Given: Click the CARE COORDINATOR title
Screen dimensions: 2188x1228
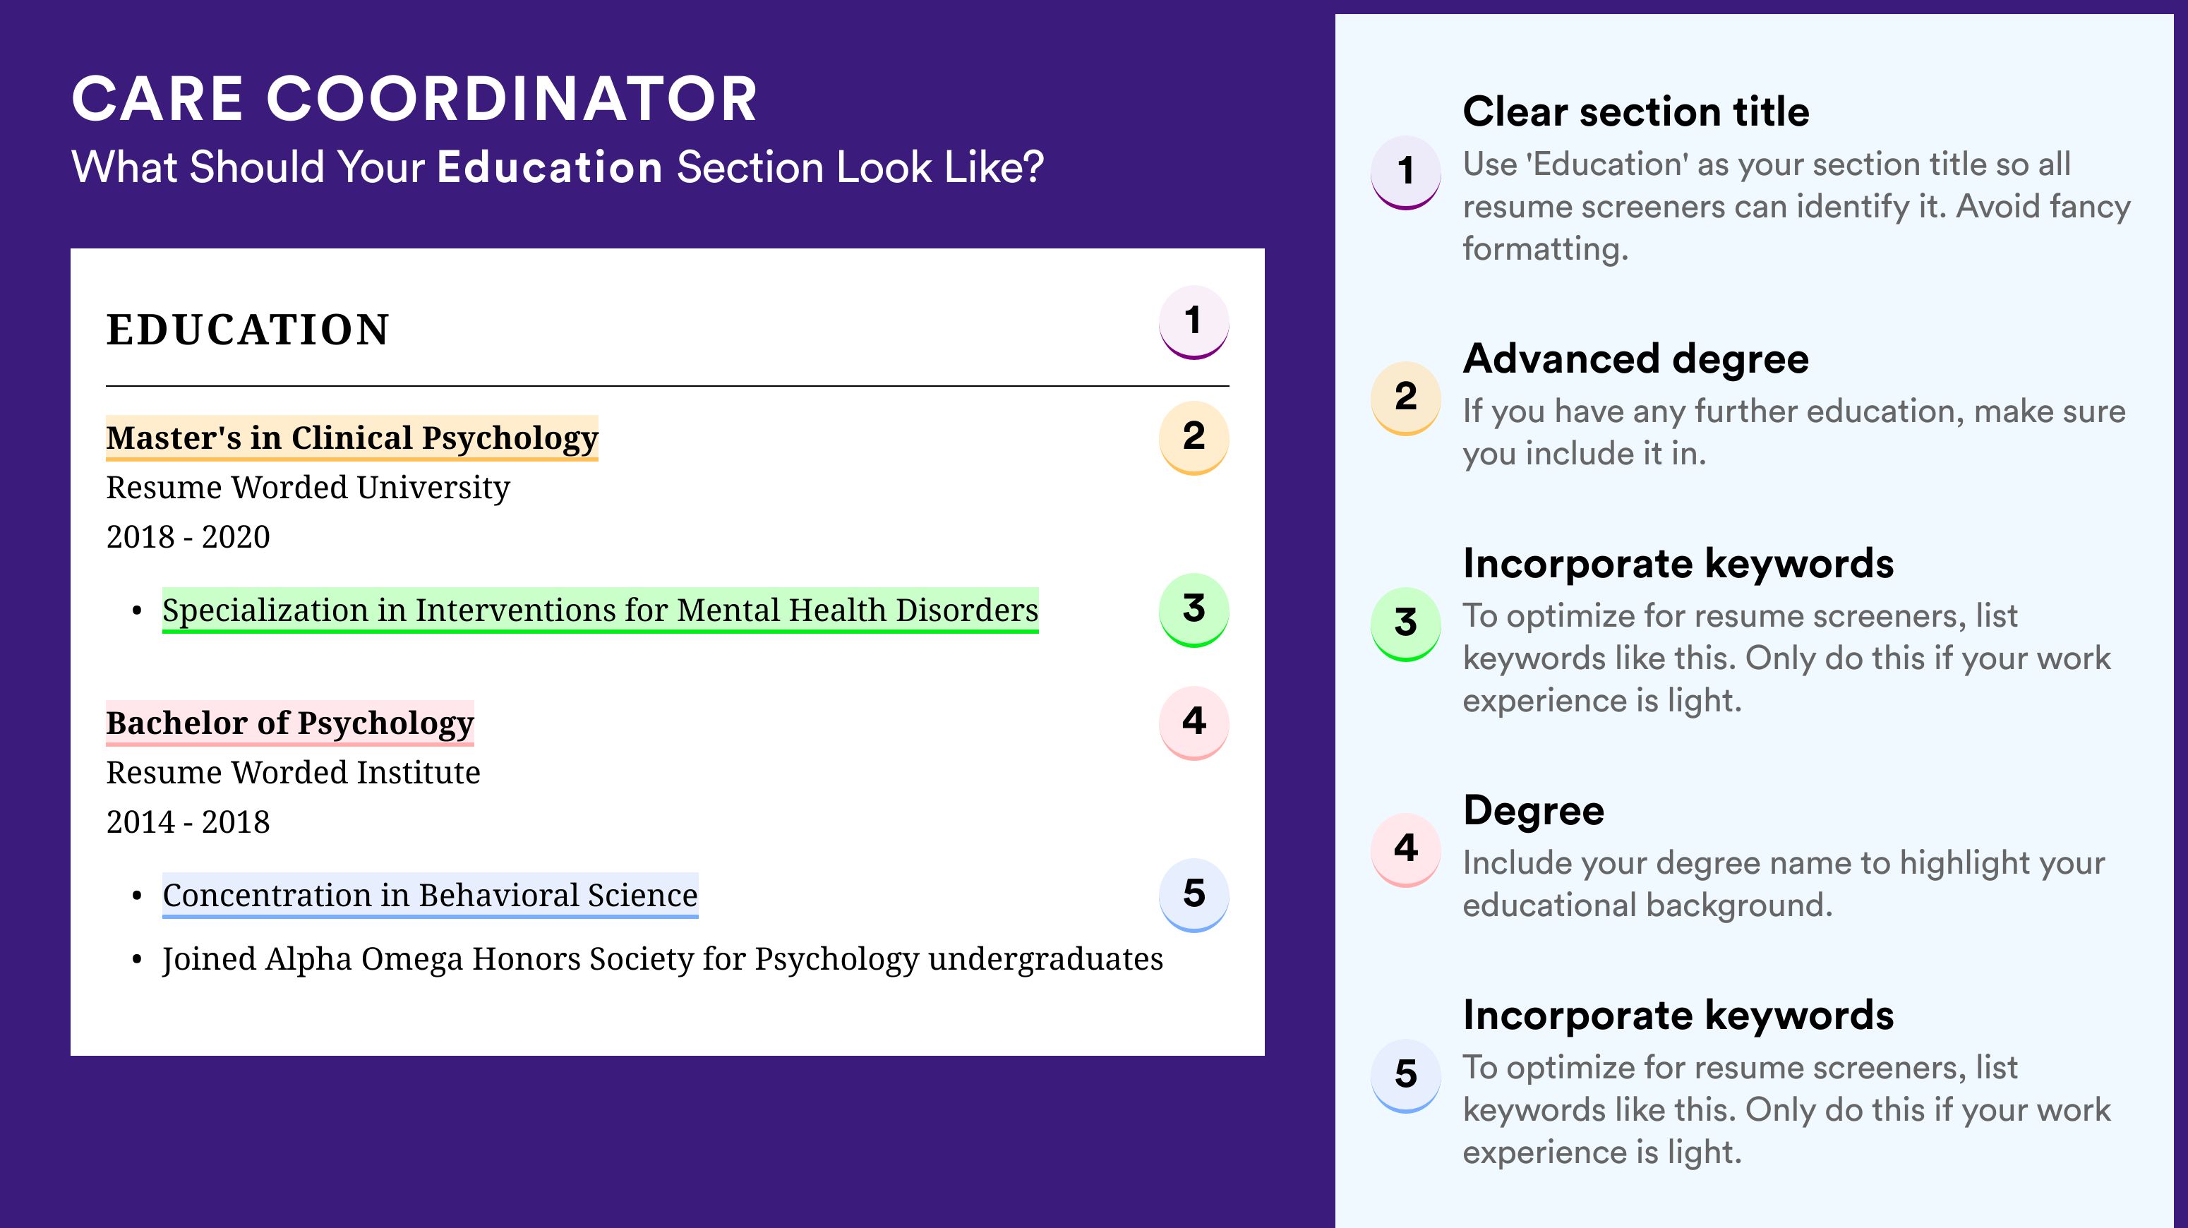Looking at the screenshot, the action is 414,100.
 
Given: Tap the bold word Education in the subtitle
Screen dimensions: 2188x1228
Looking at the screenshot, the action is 550,167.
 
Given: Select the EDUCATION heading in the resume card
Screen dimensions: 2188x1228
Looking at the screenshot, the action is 247,330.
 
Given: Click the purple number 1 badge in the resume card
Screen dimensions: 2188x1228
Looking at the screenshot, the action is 1194,322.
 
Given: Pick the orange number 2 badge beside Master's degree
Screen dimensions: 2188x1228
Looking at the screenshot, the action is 1194,438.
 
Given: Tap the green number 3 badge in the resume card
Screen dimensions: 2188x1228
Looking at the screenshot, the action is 1194,610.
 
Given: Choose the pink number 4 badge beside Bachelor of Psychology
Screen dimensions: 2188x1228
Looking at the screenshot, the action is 1194,723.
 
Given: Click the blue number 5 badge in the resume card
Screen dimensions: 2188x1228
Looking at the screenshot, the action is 1194,895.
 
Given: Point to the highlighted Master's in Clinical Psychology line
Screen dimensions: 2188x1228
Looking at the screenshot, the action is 351,438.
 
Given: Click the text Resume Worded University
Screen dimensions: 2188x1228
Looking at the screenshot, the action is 308,488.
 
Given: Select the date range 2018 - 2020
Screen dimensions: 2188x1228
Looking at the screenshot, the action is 188,536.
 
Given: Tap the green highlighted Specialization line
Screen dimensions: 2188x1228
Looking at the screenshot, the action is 601,610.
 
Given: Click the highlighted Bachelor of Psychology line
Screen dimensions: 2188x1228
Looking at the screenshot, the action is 289,723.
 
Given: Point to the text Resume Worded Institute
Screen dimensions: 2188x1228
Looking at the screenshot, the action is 293,772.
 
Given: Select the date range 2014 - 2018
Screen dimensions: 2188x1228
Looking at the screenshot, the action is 188,822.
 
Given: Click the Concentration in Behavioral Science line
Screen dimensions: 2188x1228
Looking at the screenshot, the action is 430,895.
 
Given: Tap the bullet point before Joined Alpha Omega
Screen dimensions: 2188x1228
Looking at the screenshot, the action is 137,961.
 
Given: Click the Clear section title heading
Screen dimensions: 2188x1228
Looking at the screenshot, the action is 1636,112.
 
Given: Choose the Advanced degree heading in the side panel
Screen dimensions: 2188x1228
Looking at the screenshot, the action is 1636,359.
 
